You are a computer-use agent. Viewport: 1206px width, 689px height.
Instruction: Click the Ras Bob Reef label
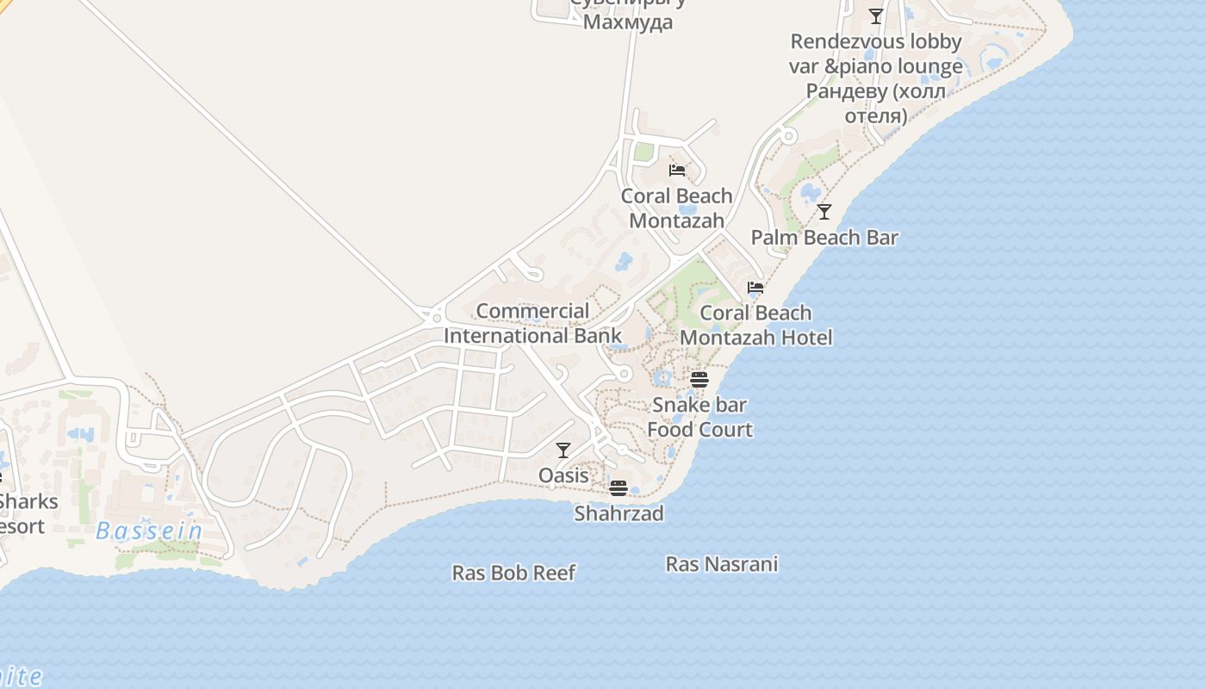[513, 573]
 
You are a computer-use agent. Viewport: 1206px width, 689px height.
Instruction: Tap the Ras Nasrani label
[722, 564]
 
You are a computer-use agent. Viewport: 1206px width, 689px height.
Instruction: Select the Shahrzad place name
[619, 513]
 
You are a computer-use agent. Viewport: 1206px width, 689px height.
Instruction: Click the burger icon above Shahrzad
[618, 488]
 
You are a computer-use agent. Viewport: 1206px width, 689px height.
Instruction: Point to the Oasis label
[563, 475]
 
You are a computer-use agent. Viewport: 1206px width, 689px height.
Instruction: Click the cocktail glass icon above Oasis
[563, 450]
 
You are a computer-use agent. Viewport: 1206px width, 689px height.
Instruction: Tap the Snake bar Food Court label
[699, 417]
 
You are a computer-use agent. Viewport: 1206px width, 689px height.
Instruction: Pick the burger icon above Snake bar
[699, 379]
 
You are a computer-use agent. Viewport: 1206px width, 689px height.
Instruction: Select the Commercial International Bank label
[532, 323]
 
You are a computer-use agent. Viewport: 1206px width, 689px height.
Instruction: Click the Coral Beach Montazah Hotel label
[756, 325]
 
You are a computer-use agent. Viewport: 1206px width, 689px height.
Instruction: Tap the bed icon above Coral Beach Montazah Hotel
[755, 287]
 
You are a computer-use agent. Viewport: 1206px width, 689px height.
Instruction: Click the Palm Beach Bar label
[824, 238]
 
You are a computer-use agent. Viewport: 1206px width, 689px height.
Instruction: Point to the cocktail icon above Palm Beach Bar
[824, 211]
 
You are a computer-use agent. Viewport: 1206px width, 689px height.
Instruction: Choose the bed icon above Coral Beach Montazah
[677, 170]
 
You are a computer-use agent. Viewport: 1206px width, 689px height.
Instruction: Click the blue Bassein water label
[149, 531]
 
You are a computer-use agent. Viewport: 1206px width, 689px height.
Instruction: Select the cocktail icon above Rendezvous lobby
[876, 16]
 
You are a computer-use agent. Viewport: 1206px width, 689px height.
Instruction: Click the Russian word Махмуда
[628, 22]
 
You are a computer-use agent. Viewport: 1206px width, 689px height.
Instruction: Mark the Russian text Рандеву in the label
[847, 90]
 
